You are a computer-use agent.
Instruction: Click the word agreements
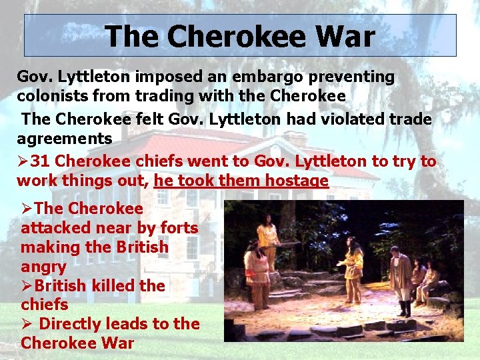pos(65,139)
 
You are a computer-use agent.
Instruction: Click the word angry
pos(43,267)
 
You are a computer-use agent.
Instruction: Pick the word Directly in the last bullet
pos(71,324)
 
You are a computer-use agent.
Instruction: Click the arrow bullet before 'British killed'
pos(27,285)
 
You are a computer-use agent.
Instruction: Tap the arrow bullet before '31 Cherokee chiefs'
pos(23,161)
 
